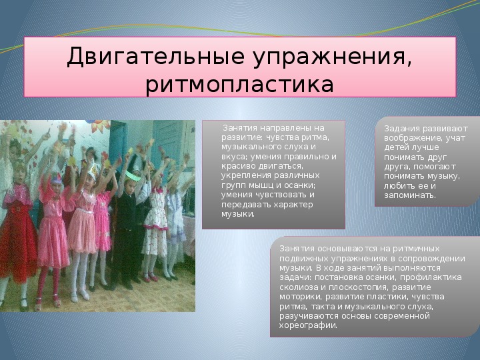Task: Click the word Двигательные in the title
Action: coord(156,57)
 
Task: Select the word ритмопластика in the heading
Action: coord(239,85)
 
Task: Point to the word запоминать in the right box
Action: coord(410,195)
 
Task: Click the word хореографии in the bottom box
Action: coord(308,326)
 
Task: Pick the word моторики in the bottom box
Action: coord(300,297)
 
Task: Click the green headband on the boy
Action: coord(133,176)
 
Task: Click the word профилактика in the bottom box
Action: coord(431,277)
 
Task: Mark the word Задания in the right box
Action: coord(402,129)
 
